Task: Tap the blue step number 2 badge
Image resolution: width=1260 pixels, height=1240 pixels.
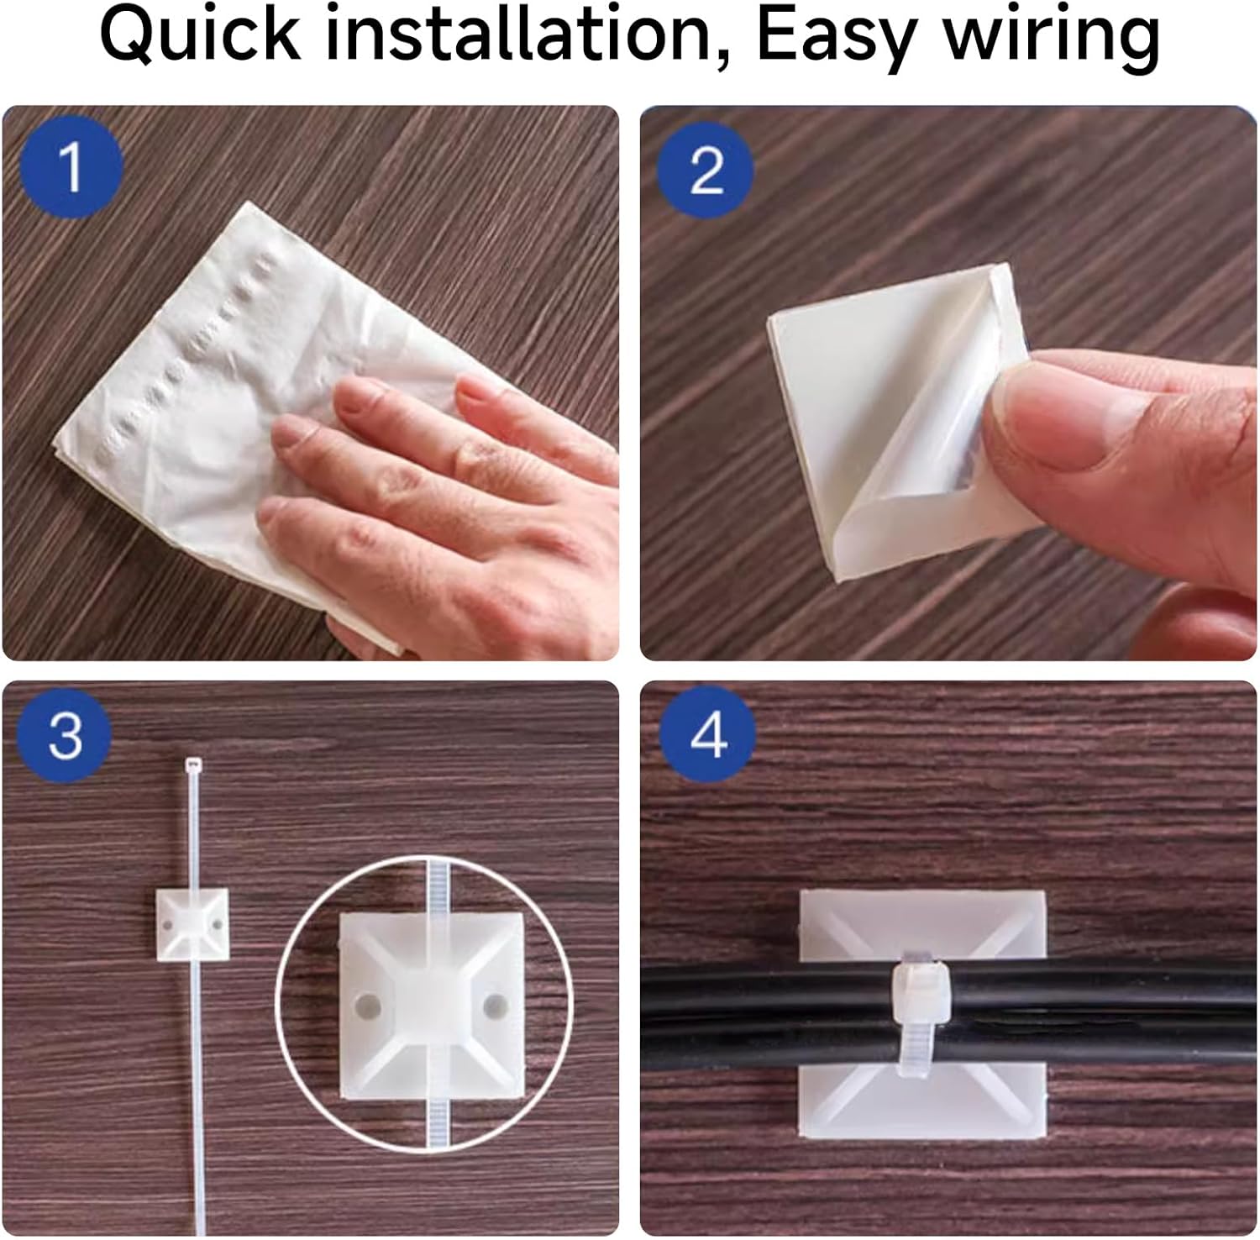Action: click(x=706, y=171)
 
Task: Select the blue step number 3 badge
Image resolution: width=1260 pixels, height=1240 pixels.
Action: click(x=66, y=734)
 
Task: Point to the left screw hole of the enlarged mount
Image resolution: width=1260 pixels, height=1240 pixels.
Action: click(x=367, y=1005)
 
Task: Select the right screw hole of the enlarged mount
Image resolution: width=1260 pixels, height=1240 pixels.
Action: click(x=496, y=1005)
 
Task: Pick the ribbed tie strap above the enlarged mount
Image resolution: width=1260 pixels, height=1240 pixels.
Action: click(x=438, y=887)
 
